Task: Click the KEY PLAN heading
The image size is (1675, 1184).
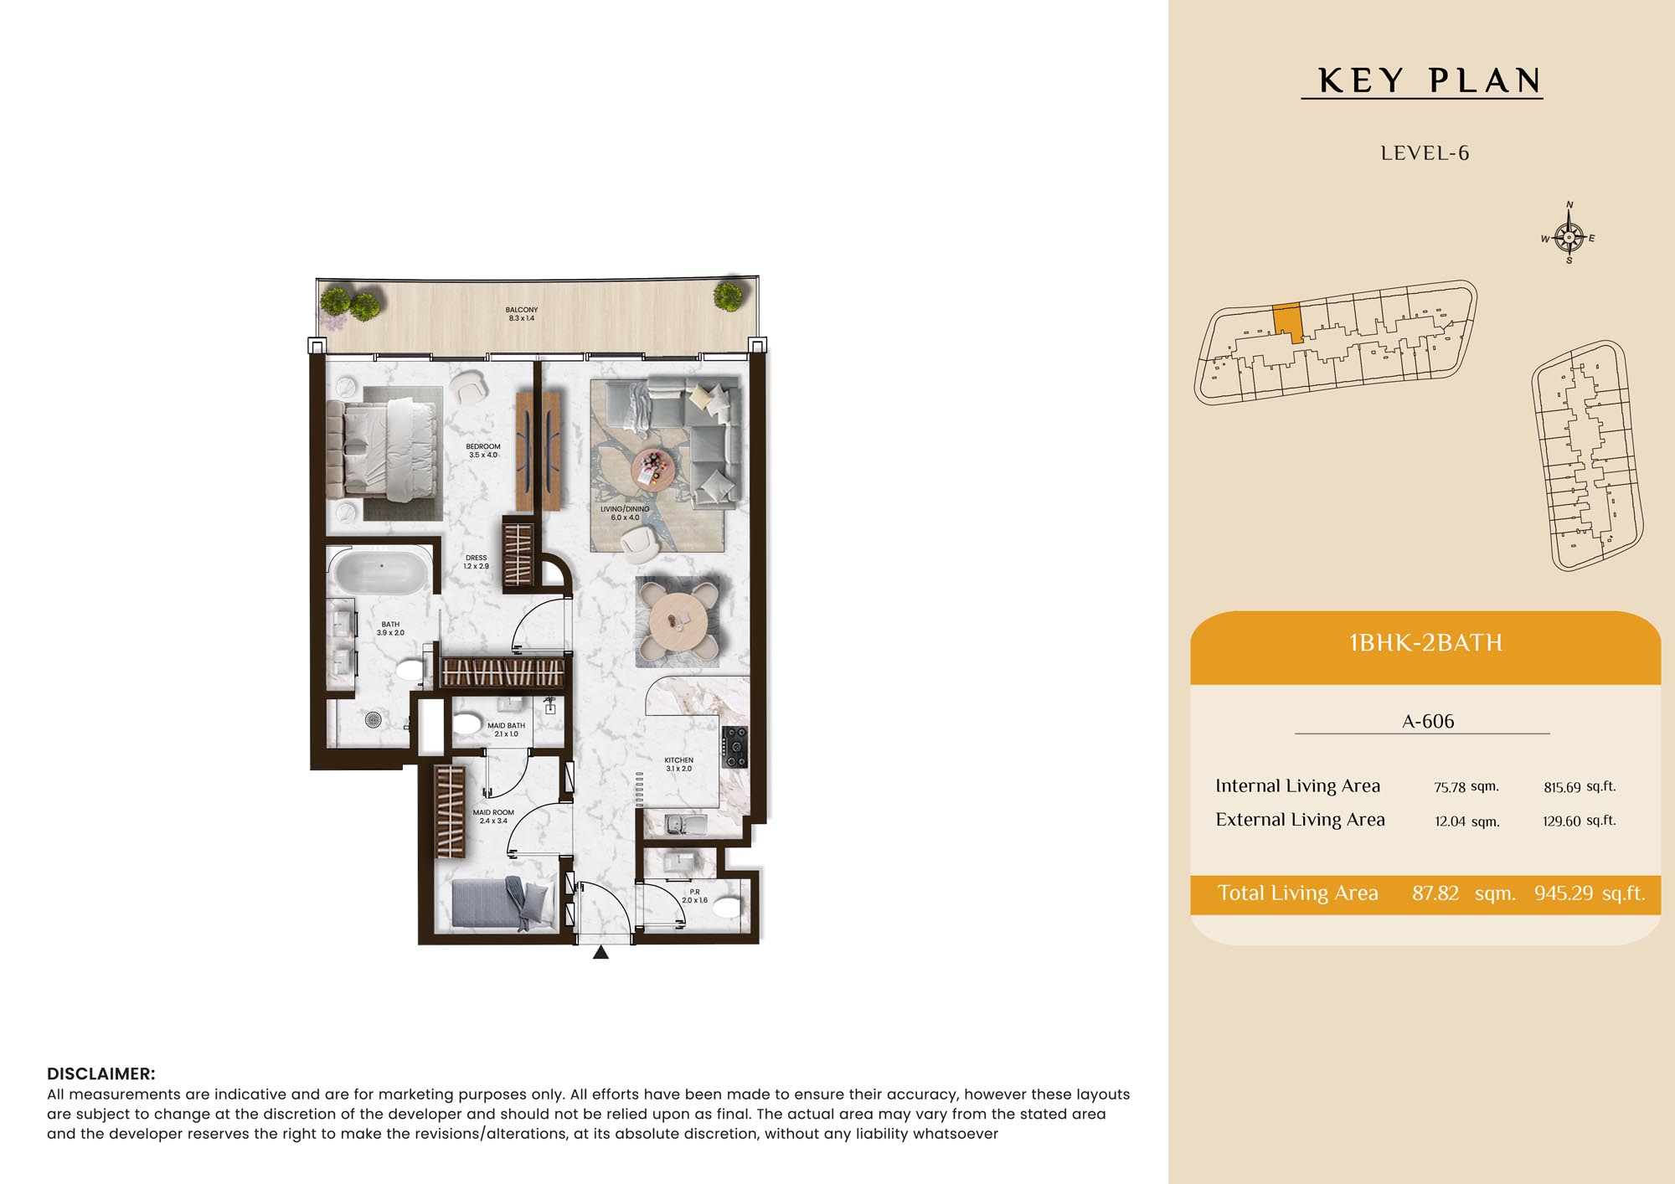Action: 1430,80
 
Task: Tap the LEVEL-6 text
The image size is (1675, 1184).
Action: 1425,153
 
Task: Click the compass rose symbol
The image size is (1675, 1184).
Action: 1569,237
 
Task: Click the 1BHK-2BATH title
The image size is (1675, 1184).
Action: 1425,643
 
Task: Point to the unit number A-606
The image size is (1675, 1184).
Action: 1428,721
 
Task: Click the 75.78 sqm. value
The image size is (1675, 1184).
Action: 1466,787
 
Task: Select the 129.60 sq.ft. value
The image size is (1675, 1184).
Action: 1579,821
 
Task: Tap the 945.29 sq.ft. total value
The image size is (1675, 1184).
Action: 1590,893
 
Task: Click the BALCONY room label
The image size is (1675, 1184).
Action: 522,314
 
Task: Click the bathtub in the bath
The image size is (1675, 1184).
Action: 382,572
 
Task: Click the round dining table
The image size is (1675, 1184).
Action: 678,621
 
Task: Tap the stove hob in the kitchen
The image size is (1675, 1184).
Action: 734,747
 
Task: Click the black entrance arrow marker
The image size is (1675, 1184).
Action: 600,952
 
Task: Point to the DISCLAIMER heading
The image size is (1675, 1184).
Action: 101,1073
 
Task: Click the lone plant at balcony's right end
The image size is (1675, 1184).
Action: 728,296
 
